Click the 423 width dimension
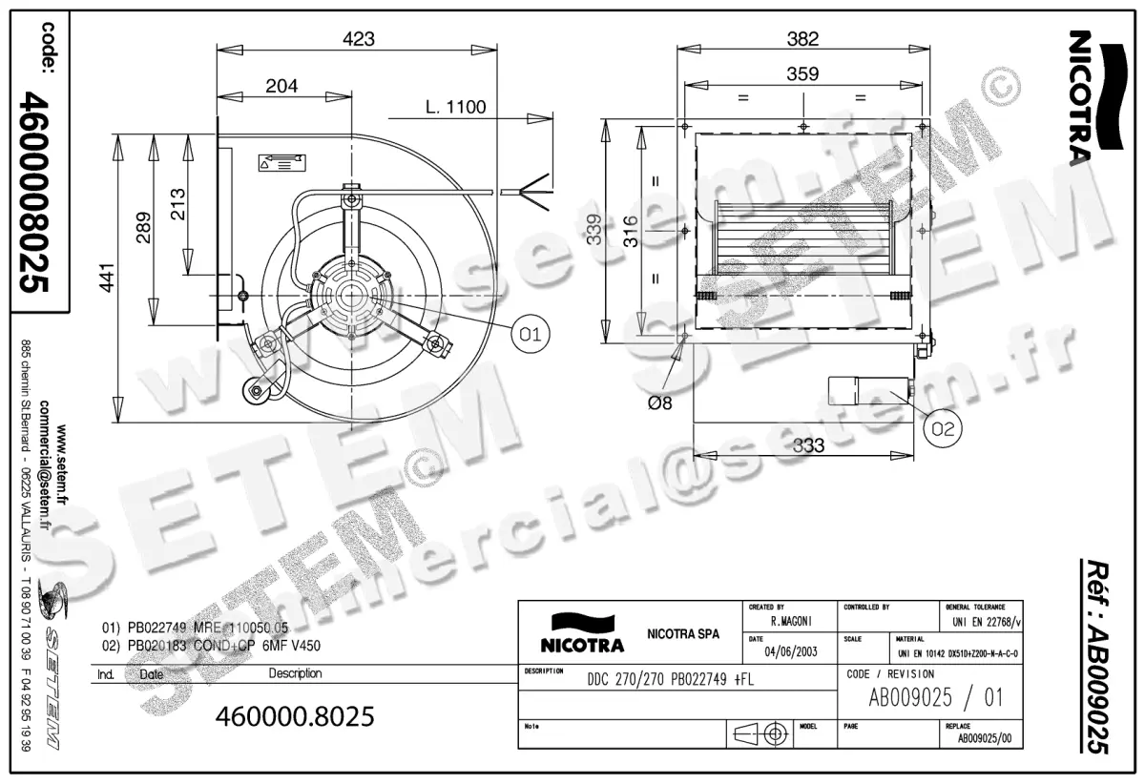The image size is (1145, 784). pyautogui.click(x=358, y=39)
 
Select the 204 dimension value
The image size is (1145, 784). pyautogui.click(x=281, y=86)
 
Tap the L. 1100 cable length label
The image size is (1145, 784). pyautogui.click(x=455, y=108)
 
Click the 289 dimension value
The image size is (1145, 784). pyautogui.click(x=142, y=228)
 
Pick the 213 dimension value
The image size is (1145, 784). pyautogui.click(x=177, y=200)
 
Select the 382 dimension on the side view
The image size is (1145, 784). pyautogui.click(x=803, y=39)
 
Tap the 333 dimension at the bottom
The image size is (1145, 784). pyautogui.click(x=808, y=444)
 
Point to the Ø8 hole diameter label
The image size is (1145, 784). pyautogui.click(x=659, y=403)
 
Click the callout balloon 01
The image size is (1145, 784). pyautogui.click(x=531, y=333)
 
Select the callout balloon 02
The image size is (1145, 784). pyautogui.click(x=942, y=429)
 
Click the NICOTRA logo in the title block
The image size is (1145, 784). pyautogui.click(x=582, y=633)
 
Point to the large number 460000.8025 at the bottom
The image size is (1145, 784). pyautogui.click(x=295, y=715)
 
